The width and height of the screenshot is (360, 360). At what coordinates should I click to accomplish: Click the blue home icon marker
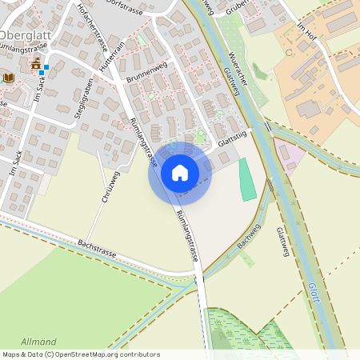179,173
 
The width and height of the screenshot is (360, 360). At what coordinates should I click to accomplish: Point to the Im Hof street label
307,36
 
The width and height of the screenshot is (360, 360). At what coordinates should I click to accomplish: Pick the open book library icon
9,78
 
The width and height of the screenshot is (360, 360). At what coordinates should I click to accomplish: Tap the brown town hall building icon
35,63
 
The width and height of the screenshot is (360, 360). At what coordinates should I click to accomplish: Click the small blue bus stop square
42,72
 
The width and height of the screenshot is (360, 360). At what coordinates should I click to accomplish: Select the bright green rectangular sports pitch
248,179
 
